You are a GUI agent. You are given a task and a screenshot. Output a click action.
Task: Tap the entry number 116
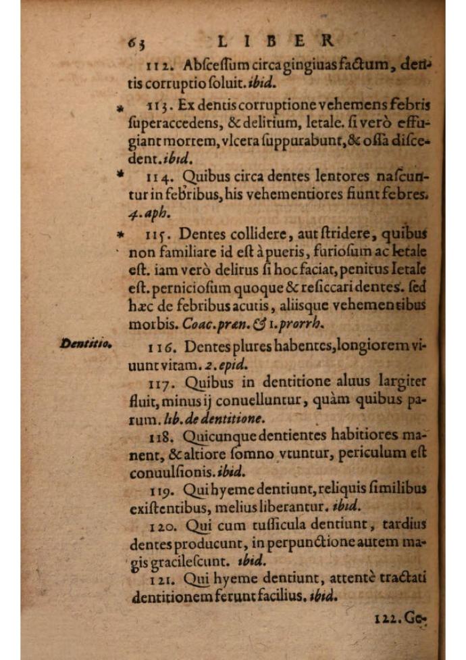(x=159, y=347)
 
